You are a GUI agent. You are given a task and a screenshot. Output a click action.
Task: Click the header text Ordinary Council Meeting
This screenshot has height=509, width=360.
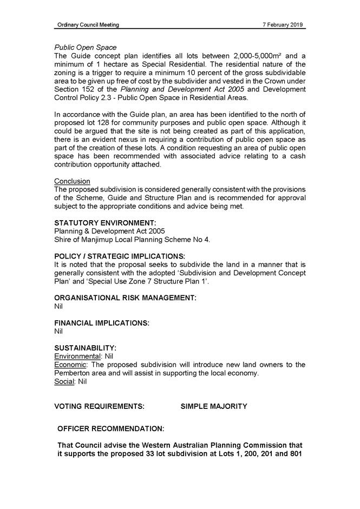click(x=88, y=25)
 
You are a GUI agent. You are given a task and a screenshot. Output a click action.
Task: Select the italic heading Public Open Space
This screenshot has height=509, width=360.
click(x=85, y=48)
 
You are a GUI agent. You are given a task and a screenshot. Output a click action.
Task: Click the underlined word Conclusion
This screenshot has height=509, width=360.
click(x=72, y=181)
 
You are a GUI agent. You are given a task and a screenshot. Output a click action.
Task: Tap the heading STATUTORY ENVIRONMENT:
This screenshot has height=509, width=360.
click(x=106, y=223)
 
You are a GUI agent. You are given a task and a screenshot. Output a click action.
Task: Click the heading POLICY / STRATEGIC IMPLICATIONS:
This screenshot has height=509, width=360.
click(x=120, y=256)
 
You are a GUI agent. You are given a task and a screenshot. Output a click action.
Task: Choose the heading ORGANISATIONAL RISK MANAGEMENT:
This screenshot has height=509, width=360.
click(x=125, y=298)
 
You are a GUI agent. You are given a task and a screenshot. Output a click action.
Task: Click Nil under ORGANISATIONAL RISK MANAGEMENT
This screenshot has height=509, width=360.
click(x=59, y=307)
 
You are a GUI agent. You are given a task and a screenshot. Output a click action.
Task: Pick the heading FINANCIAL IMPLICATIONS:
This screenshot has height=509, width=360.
click(x=102, y=323)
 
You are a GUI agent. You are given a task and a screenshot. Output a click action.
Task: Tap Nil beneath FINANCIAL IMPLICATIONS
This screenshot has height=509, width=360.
click(x=59, y=332)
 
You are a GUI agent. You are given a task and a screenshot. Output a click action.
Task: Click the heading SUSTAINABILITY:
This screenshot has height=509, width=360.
click(x=86, y=348)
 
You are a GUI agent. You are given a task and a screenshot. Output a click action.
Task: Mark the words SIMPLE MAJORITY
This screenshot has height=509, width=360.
click(x=214, y=406)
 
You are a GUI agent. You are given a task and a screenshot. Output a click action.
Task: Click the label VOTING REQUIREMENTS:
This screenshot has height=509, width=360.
click(x=100, y=406)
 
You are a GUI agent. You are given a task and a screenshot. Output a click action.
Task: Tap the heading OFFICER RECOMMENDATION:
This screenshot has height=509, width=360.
click(x=111, y=429)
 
